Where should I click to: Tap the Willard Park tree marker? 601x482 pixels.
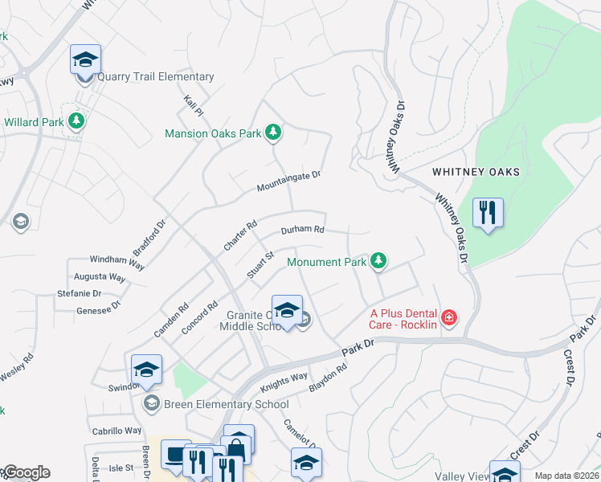click(76, 121)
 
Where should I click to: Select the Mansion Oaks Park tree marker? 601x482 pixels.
click(273, 133)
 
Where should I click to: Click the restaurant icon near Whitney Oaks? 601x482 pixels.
click(488, 214)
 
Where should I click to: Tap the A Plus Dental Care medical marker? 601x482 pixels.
click(448, 318)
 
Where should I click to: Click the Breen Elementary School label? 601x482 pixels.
click(215, 404)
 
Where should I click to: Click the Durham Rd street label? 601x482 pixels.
click(302, 230)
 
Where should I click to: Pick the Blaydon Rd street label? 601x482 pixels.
click(327, 378)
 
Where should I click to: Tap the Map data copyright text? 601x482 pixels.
click(566, 476)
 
